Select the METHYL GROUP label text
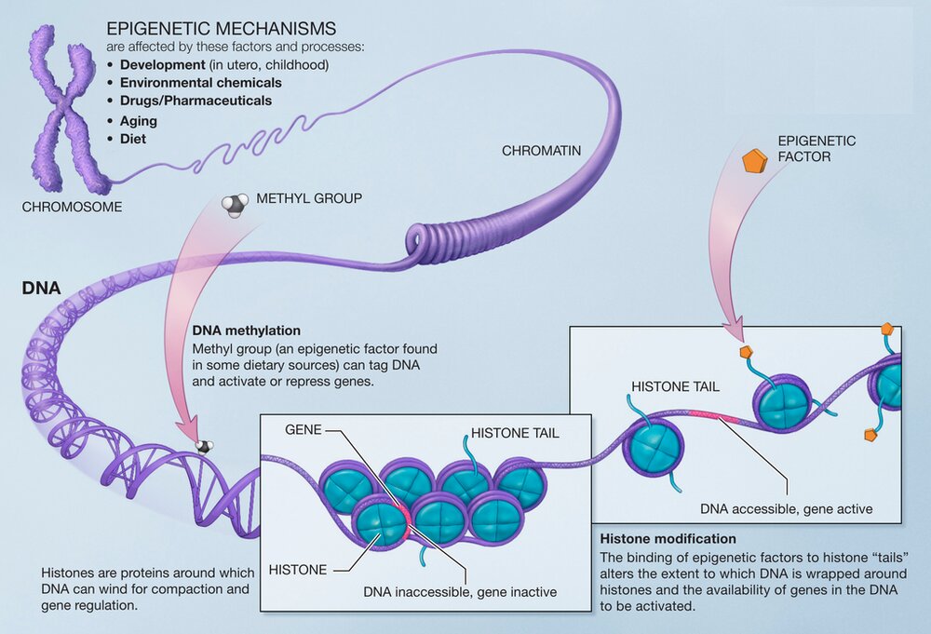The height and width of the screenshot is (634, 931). (x=309, y=198)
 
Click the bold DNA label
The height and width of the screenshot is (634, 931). (x=41, y=289)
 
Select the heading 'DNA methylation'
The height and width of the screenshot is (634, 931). (x=246, y=330)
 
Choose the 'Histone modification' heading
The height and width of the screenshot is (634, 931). (x=668, y=539)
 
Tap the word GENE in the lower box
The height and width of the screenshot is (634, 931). (x=303, y=431)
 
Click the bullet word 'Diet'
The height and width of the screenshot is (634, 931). (x=133, y=139)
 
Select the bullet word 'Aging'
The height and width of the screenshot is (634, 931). (x=139, y=121)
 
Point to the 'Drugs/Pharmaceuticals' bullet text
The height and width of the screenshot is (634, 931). (x=196, y=101)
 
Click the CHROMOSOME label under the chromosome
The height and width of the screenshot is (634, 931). (x=72, y=207)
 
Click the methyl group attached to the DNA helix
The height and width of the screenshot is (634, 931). (x=202, y=448)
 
